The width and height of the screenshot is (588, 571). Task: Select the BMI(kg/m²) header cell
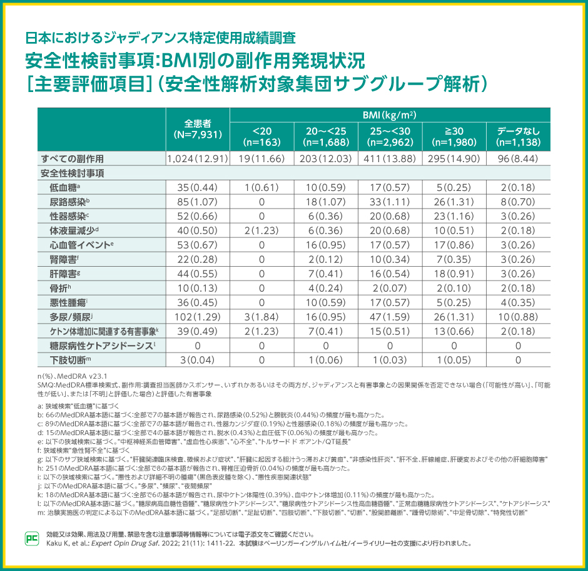tap(390, 115)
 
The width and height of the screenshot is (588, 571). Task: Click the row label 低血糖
tap(64, 187)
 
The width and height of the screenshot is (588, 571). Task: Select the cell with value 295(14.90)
tap(454, 158)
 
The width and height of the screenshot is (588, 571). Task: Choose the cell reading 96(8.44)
tap(518, 158)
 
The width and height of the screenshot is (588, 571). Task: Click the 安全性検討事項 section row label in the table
tap(73, 173)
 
